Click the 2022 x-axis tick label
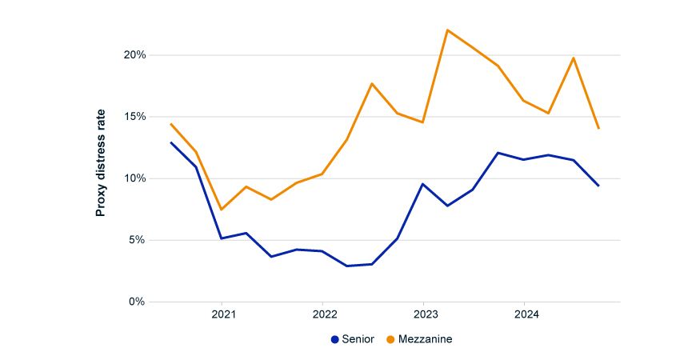point(323,314)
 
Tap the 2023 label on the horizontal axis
point(424,314)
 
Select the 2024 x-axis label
point(524,314)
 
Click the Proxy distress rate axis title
point(101,163)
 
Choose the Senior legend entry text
point(358,339)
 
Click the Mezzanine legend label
point(426,339)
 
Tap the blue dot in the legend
point(335,339)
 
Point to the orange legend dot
point(390,339)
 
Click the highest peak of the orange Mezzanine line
point(447,30)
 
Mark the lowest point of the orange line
point(222,210)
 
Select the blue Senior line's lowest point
point(347,266)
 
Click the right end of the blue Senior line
point(598,186)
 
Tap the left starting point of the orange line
point(171,124)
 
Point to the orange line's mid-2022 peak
point(372,83)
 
